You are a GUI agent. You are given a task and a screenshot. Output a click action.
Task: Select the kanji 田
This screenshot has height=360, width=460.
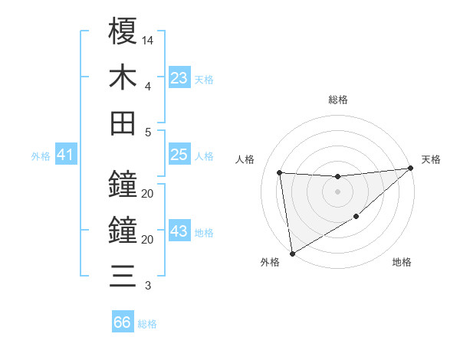123,123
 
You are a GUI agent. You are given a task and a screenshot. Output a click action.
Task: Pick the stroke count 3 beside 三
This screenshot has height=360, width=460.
147,286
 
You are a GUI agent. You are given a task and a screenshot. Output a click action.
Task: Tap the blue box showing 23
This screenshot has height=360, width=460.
179,78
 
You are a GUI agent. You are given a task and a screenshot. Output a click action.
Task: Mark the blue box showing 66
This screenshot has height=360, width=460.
123,322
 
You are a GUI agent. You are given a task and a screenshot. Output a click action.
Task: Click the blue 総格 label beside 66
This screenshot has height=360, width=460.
147,324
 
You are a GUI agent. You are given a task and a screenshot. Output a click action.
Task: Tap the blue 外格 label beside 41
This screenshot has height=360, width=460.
41,156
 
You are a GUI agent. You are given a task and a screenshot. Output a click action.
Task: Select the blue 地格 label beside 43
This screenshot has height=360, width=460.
204,233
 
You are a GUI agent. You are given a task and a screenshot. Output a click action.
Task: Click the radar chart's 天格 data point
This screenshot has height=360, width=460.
411,168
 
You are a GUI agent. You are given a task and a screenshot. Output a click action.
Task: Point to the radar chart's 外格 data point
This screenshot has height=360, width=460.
292,253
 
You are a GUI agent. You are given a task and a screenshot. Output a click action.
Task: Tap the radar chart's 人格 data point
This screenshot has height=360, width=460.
280,172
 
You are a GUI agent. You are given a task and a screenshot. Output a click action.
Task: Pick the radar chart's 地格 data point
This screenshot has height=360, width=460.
356,218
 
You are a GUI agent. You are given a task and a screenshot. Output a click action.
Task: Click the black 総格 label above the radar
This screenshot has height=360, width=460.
338,100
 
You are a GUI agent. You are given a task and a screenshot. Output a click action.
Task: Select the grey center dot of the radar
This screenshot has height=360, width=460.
337,191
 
